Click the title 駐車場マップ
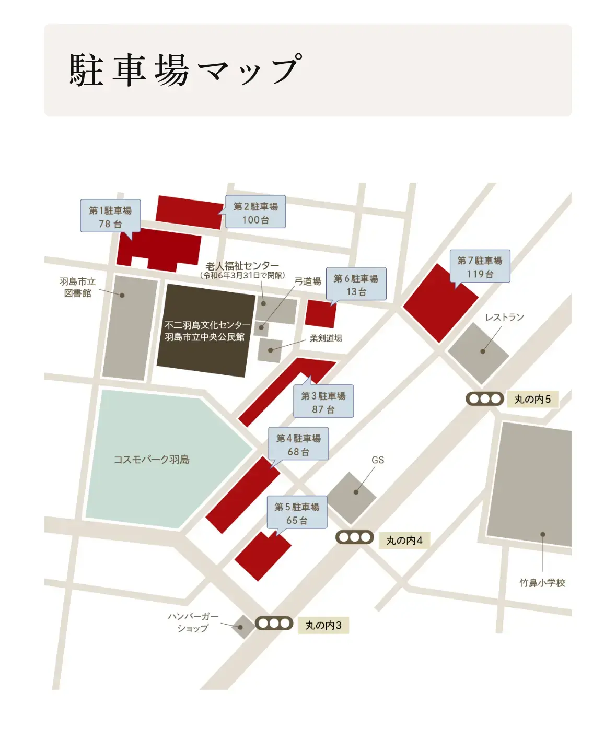185,69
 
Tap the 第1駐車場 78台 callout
110,216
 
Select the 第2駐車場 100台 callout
255,213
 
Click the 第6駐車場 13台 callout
356,285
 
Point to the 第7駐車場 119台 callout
480,267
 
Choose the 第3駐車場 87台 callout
323,402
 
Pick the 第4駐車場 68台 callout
298,444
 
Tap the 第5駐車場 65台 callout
297,513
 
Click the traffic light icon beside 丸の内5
485,399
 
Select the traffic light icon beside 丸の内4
354,537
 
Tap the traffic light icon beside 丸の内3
274,623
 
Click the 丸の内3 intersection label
323,625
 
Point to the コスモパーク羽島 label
152,460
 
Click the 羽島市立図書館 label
78,287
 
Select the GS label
378,460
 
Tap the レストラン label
504,317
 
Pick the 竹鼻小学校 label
542,583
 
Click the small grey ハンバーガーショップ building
243,626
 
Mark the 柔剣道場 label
326,338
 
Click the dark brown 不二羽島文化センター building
205,331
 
